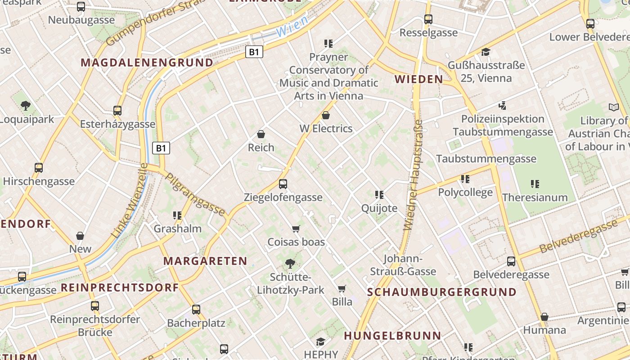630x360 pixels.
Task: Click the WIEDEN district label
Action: (x=418, y=80)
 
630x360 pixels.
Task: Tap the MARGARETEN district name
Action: (x=205, y=261)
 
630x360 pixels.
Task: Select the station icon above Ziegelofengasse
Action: (x=283, y=184)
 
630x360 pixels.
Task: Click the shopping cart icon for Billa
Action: (x=342, y=288)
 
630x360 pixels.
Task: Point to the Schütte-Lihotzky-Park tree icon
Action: (x=290, y=264)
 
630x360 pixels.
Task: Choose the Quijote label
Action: (x=379, y=208)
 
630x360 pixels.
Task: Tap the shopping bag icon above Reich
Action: (x=261, y=134)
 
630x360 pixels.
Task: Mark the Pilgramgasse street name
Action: (x=195, y=193)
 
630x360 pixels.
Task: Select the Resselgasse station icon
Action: (x=428, y=19)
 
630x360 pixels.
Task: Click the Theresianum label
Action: (x=535, y=198)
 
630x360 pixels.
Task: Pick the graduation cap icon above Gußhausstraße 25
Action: (x=485, y=52)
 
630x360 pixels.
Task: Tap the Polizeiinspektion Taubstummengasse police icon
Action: (x=503, y=106)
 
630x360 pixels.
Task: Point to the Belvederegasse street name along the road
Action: (x=578, y=237)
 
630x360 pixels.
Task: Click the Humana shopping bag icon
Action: (x=544, y=317)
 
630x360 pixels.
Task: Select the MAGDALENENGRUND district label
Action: (x=147, y=63)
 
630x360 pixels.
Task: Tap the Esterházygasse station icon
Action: (x=117, y=111)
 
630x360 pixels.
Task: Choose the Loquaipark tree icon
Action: (x=26, y=106)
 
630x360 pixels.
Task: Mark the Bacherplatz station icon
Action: (x=196, y=310)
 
